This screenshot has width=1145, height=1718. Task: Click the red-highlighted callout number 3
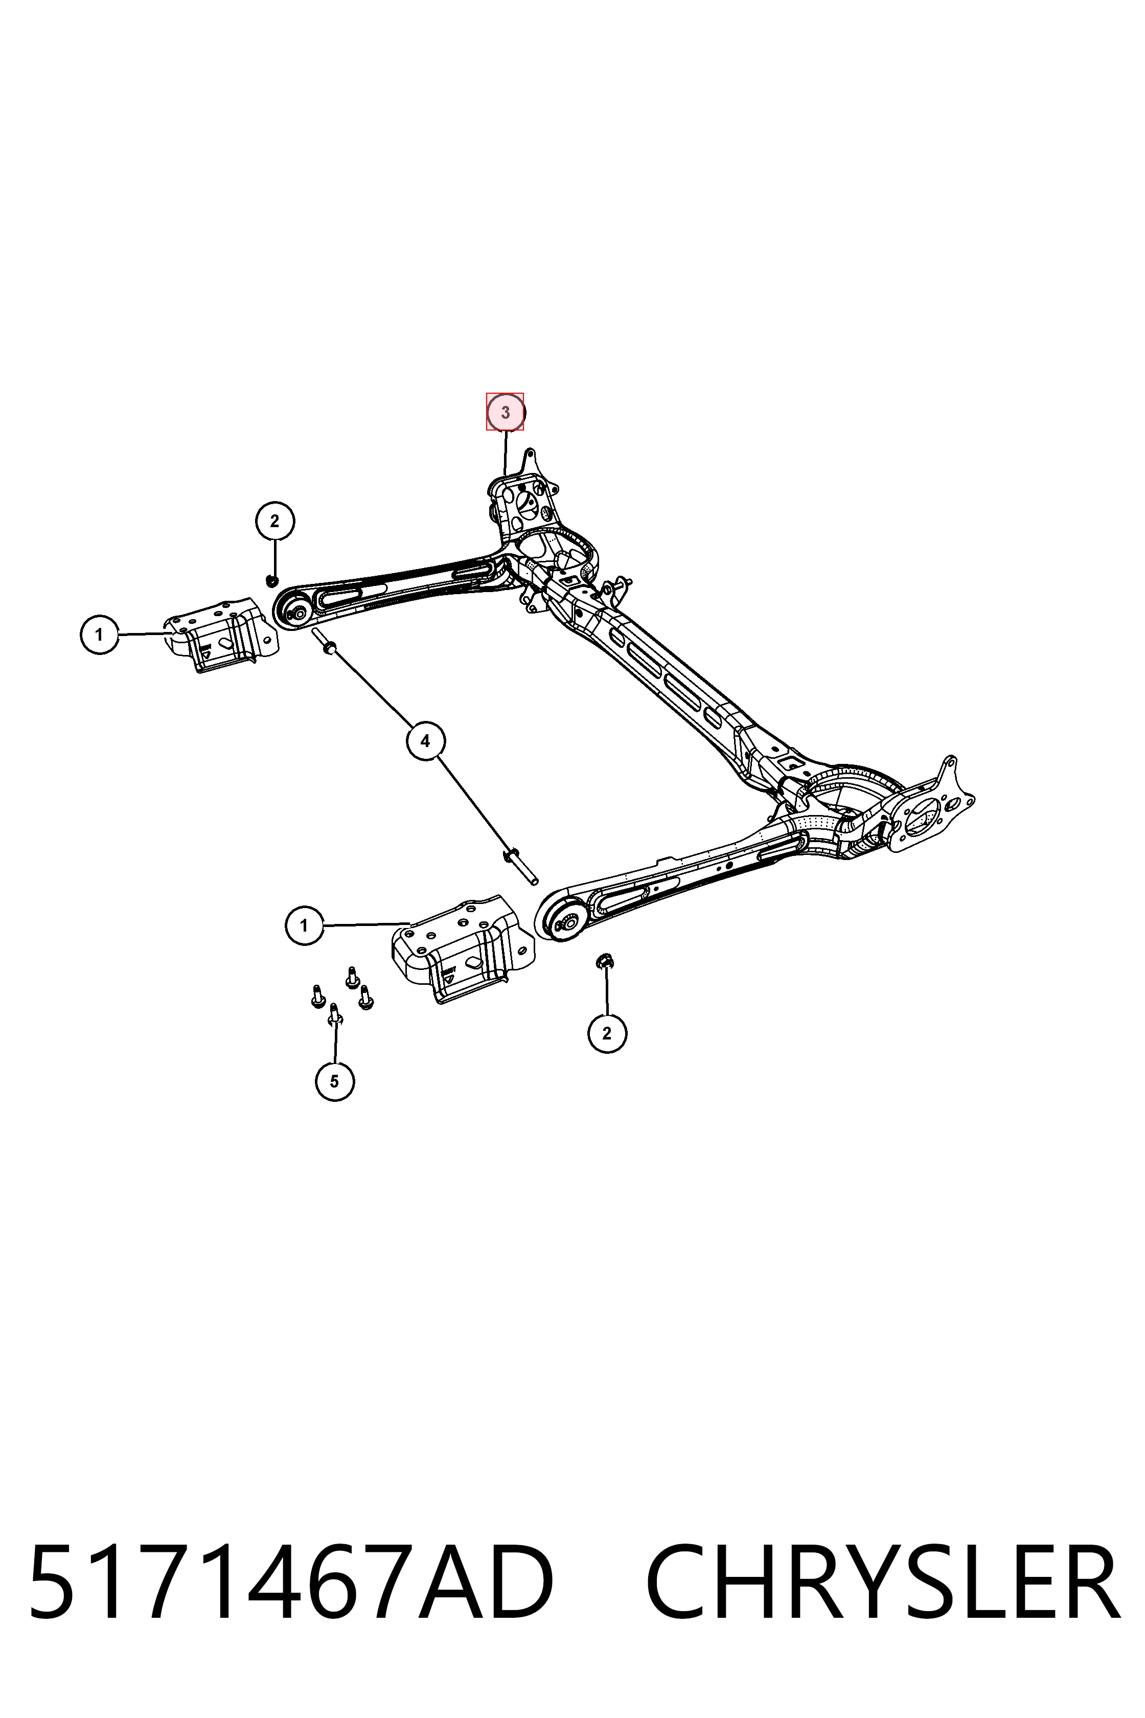pos(506,412)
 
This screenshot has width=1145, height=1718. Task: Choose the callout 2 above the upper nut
pos(274,521)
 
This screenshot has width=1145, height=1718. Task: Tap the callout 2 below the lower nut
pos(607,1033)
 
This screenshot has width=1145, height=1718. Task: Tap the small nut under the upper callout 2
pos(271,580)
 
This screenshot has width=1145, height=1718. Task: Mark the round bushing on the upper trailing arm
pos(299,608)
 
